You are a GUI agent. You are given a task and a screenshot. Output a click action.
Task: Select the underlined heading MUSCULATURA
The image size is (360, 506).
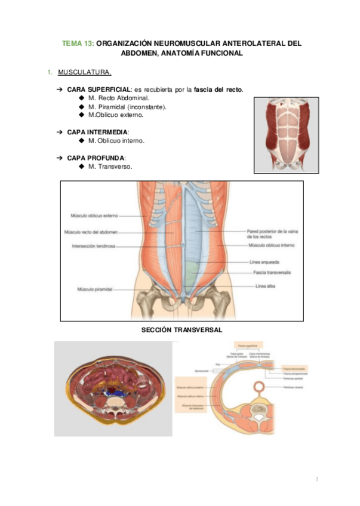coord(84,73)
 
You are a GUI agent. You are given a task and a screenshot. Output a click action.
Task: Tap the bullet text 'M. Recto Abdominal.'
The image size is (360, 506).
coord(118,97)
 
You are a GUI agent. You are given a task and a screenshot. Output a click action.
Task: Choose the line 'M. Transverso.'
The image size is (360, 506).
coord(110,166)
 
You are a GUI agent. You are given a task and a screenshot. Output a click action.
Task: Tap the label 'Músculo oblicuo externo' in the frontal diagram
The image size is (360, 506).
coord(94,215)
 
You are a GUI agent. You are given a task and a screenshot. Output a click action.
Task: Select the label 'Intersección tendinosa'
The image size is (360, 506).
coord(94,245)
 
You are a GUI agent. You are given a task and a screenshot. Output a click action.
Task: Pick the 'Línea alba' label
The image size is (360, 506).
coord(264,287)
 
